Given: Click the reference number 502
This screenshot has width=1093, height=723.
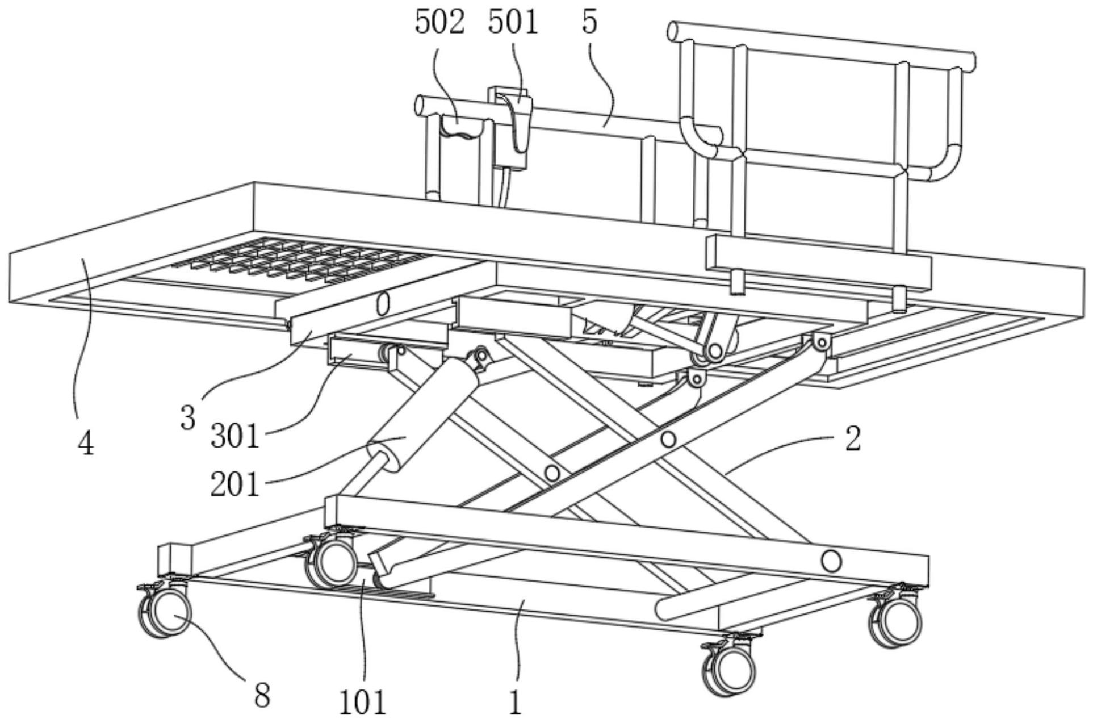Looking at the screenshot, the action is pos(439,23).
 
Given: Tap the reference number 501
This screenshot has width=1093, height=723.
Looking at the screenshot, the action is pos(512,23).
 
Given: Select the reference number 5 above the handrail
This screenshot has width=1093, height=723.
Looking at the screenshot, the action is pos(589,23).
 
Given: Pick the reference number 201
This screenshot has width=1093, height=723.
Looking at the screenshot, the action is pos(234,484).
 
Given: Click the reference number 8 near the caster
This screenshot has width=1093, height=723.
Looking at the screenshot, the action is pos(262,695).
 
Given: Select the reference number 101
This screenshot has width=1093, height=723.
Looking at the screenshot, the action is pos(363,703).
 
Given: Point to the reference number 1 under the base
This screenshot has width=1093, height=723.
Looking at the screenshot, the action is pos(514,703).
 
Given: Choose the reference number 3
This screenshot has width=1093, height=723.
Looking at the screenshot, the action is pos(188,419).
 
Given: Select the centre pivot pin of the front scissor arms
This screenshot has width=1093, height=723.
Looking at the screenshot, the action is pos(668,439).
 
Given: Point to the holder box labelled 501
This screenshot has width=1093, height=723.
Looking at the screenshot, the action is pos(513,128).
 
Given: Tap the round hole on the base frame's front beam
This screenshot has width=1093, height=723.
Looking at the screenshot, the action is pos(831,562).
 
